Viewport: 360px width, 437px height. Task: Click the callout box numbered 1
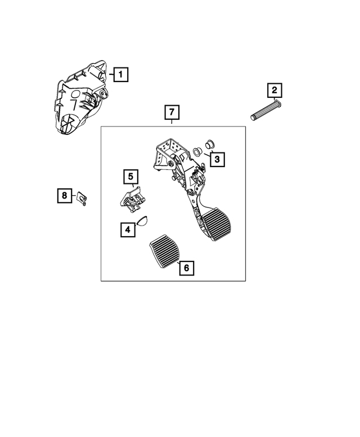click(x=119, y=74)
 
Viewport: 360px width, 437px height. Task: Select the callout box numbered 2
click(x=274, y=90)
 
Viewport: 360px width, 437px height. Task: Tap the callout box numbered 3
click(x=217, y=160)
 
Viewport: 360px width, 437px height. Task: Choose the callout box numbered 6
click(x=186, y=268)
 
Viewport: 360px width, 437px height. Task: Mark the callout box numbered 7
click(x=172, y=112)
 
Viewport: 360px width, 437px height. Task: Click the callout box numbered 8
click(x=65, y=196)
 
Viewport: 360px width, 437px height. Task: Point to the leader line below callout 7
click(x=172, y=123)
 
